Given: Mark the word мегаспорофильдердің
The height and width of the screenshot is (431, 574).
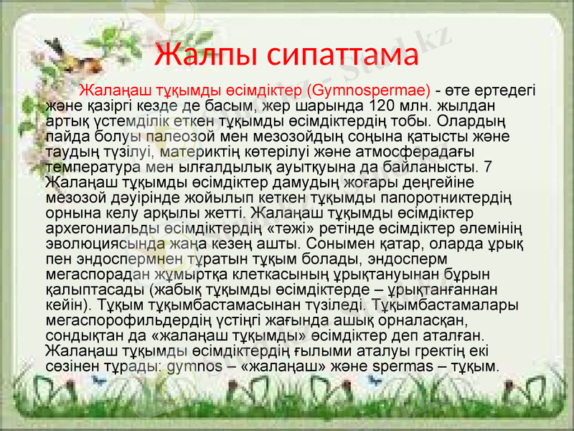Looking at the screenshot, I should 128,320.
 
